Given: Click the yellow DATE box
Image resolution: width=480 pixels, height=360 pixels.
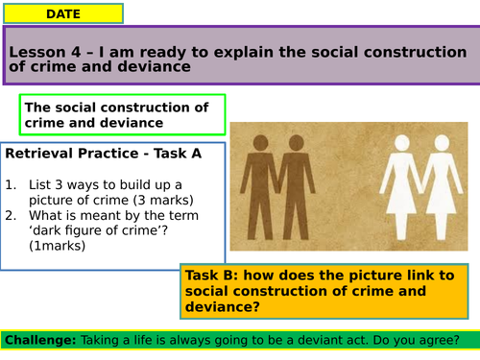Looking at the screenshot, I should tap(62, 13).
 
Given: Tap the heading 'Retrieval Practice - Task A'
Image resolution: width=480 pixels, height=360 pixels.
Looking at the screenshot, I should tap(99, 154).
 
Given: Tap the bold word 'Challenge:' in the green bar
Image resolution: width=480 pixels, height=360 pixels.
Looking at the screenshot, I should tap(41, 339).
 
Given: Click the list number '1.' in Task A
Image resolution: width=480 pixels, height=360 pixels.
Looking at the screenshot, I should tap(12, 183).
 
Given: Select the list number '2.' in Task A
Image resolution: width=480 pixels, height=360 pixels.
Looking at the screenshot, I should tap(12, 214).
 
